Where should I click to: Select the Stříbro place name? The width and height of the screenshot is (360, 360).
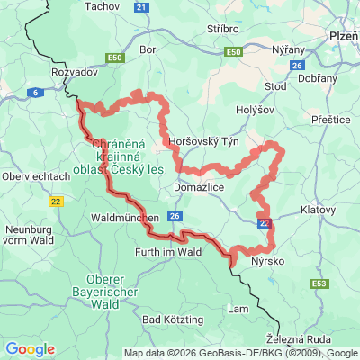pyautogui.click(x=221, y=29)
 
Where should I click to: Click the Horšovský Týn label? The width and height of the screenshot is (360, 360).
pyautogui.click(x=203, y=142)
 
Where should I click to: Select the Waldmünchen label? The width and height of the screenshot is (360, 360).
pyautogui.click(x=125, y=218)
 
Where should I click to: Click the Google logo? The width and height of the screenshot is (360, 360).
pyautogui.click(x=29, y=349)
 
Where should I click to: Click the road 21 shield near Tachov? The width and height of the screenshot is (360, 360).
pyautogui.click(x=141, y=7)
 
